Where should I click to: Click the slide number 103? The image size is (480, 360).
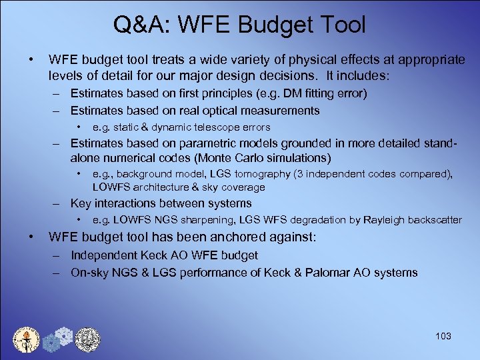click(x=442, y=336)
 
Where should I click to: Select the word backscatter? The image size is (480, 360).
click(x=431, y=220)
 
